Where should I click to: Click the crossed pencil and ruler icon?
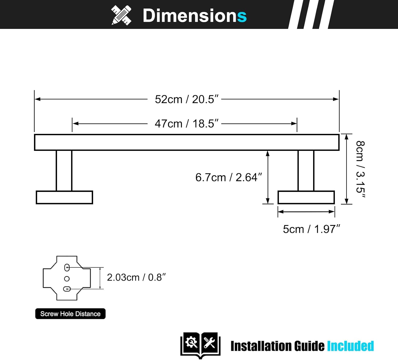point(121,15)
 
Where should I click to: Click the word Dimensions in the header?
point(194,15)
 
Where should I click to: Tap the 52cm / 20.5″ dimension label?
point(187,99)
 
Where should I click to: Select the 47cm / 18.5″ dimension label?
point(187,124)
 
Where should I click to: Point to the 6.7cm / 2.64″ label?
point(228,177)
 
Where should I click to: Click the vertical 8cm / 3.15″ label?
point(360,170)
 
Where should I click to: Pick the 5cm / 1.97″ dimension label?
point(311,229)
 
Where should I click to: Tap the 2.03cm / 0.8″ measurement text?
point(136,278)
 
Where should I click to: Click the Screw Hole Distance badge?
point(70,314)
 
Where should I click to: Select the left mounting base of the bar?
point(64,197)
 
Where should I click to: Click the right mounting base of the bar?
point(306,197)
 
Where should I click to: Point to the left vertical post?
point(64,170)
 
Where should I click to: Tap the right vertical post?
point(306,170)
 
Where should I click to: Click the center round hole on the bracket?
point(67,279)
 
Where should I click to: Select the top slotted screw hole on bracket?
point(67,267)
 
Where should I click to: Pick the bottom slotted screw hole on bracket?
point(67,289)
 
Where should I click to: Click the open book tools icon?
point(200,345)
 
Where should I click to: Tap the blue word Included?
point(350,346)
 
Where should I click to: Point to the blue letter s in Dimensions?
point(242,16)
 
